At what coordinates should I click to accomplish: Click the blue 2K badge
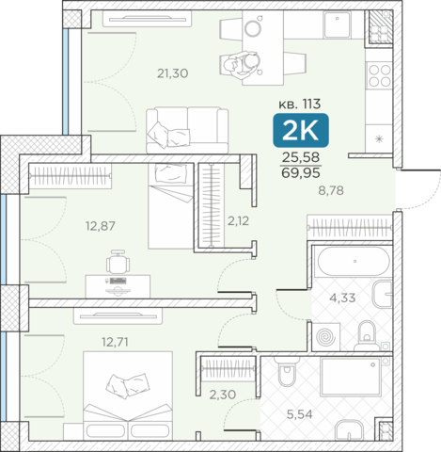301,130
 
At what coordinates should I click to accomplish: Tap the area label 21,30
173,73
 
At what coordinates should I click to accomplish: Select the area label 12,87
101,226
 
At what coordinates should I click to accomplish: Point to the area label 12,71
115,342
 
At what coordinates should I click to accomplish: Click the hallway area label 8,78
331,190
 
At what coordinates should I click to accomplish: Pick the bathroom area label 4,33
342,298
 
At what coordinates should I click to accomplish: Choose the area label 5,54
300,414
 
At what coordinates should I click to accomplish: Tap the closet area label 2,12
238,221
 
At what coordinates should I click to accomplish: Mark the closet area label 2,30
223,395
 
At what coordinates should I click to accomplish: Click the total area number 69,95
301,173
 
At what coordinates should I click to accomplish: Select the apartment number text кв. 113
300,104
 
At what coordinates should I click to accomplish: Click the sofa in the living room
187,130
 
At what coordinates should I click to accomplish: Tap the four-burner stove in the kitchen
380,75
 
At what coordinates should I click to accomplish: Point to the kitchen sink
337,24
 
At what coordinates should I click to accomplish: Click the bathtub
354,262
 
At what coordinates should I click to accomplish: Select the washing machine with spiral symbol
326,337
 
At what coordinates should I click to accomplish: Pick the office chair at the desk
118,262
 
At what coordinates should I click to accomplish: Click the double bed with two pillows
128,395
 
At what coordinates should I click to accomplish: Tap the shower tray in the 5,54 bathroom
351,377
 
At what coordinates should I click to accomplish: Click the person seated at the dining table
242,65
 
